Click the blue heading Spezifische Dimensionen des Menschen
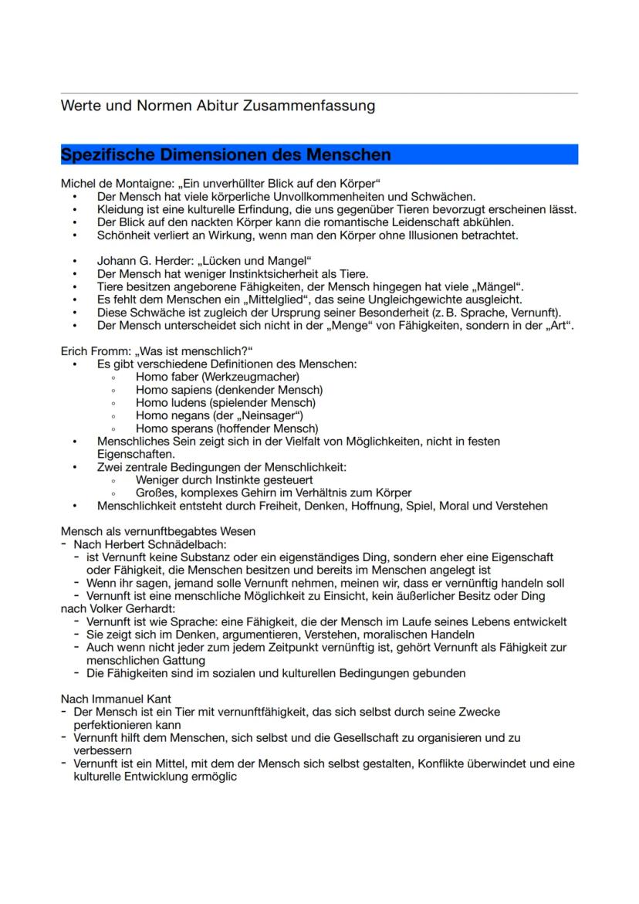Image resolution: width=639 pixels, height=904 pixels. [225, 154]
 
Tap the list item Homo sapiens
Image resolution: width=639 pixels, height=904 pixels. [174, 390]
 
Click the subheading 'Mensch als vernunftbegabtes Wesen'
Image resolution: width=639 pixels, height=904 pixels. [157, 531]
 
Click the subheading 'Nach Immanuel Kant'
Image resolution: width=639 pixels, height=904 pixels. [111, 699]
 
